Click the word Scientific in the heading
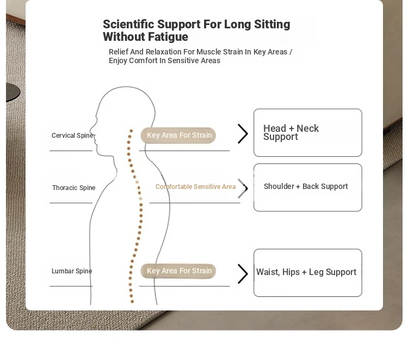(x=128, y=24)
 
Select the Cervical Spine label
(x=72, y=136)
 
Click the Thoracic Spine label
(x=73, y=187)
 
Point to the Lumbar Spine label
(x=72, y=271)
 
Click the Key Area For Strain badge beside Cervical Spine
(x=178, y=135)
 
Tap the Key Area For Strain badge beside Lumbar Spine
(x=178, y=271)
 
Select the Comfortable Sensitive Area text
(x=195, y=186)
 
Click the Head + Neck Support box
(x=308, y=132)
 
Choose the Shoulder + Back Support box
(x=308, y=187)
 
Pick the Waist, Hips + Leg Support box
(x=308, y=273)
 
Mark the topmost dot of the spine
(x=131, y=131)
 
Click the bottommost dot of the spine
(x=132, y=301)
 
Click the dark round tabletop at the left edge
(x=13, y=92)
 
